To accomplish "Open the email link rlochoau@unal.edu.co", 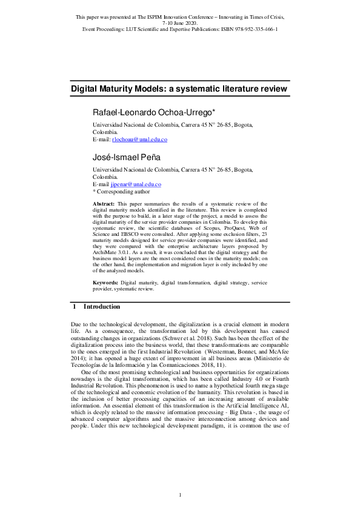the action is tap(139, 139).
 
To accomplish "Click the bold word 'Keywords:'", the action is tap(105, 283).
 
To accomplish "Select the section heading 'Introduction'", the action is tap(102, 307).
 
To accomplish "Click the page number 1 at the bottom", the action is tap(180, 495).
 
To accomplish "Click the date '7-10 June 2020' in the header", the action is tap(180, 23).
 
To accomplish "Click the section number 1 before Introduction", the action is tap(74, 307).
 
